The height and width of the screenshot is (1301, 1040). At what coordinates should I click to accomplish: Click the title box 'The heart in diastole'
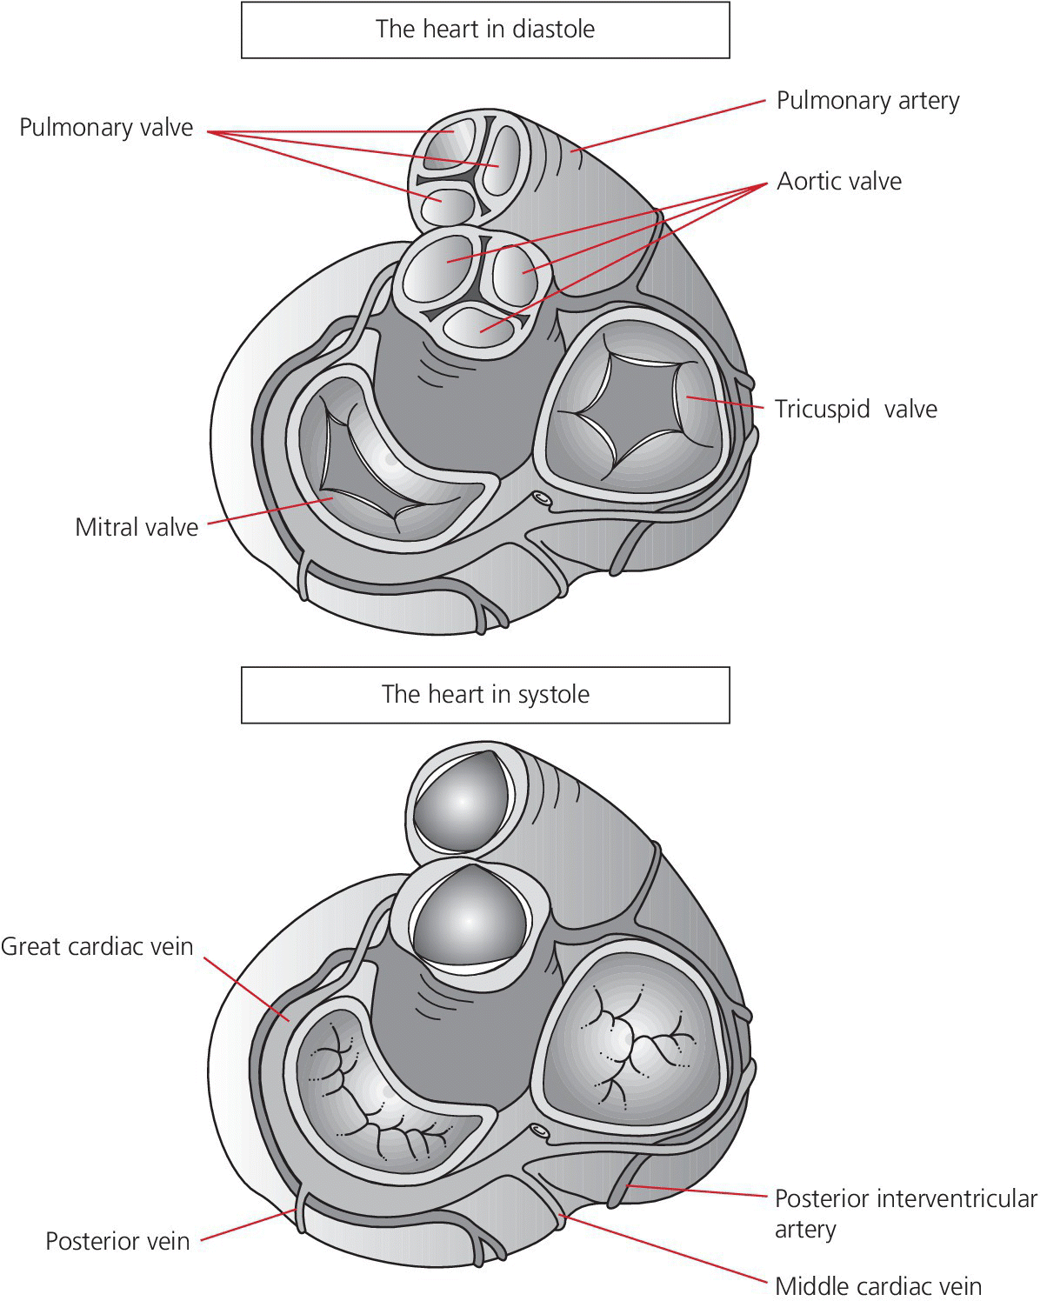point(485,30)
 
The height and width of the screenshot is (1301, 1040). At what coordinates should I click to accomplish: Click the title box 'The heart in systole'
point(485,695)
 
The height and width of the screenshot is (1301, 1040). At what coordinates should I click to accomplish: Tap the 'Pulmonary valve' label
point(106,128)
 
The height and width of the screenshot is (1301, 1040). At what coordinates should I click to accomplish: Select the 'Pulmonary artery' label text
point(867,101)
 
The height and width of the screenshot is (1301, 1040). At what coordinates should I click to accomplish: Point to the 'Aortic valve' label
point(839,182)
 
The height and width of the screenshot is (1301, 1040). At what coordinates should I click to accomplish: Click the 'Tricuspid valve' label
point(856,409)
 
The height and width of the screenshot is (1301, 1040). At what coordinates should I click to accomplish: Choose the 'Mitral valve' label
point(137,527)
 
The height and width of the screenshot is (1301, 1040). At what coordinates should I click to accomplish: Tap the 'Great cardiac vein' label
point(97,946)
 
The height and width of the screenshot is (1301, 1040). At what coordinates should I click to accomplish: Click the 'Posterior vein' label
point(117,1241)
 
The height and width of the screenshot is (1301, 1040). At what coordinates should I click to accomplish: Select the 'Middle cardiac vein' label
point(877,1286)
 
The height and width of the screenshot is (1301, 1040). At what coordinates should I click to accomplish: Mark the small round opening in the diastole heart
point(541,500)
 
